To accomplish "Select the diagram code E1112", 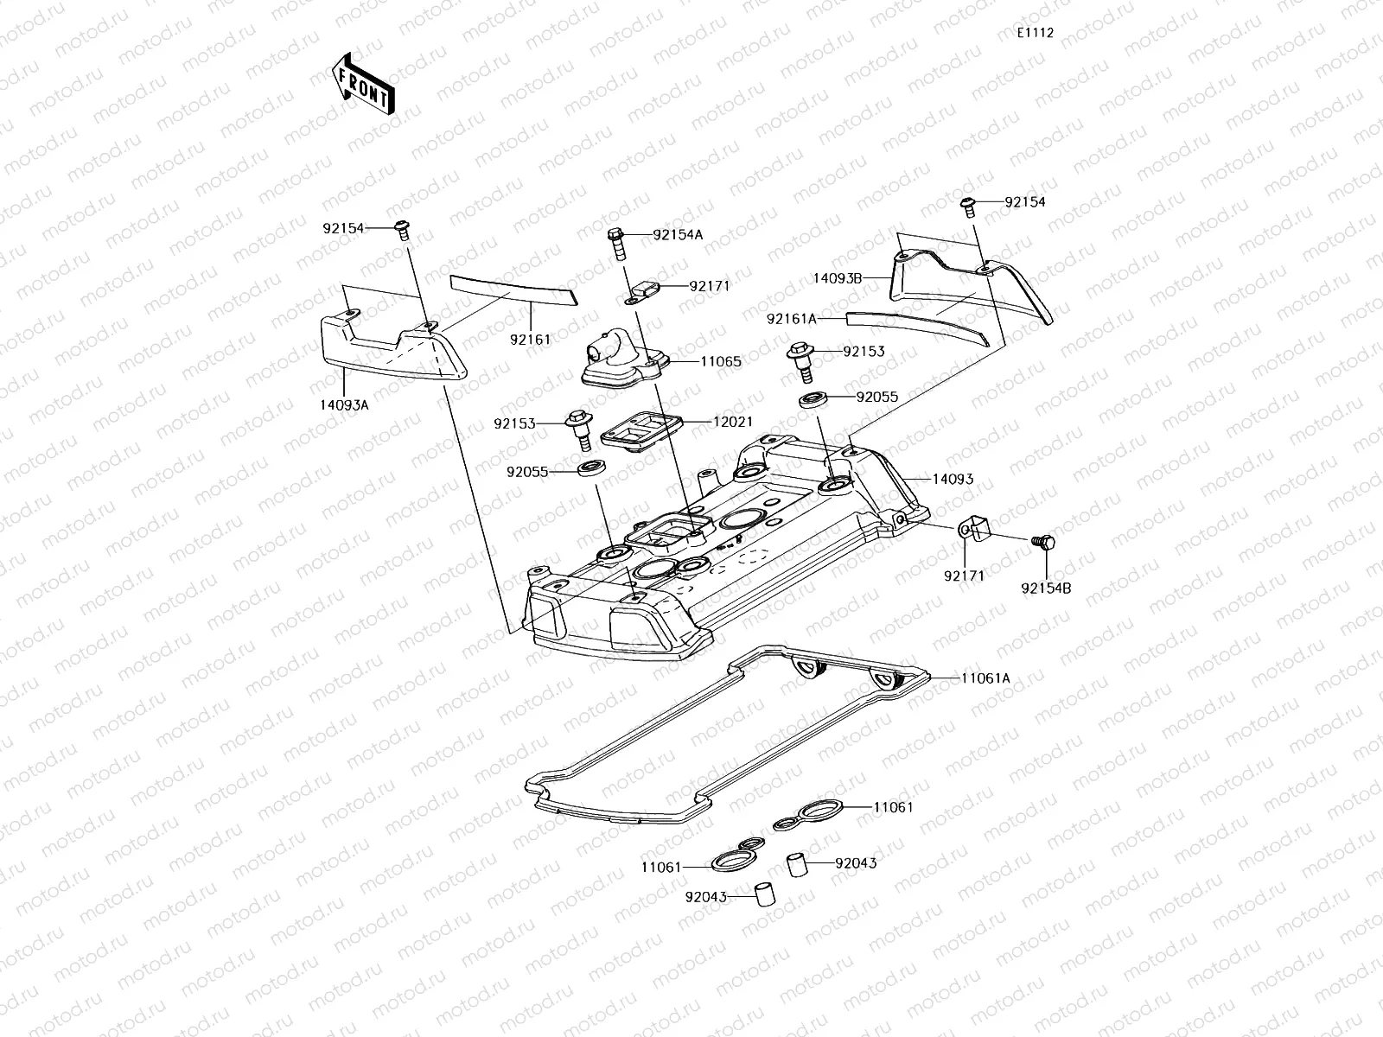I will [1035, 33].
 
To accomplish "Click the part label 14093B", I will [838, 279].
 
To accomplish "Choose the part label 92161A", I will [791, 319].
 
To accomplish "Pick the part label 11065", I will [720, 362].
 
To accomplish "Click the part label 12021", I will [732, 422].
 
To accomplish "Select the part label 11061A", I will [985, 678].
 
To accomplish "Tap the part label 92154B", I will [1046, 588].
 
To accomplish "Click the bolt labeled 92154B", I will [1044, 542].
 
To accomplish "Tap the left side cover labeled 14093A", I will [393, 347].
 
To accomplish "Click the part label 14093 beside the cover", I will [953, 479].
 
